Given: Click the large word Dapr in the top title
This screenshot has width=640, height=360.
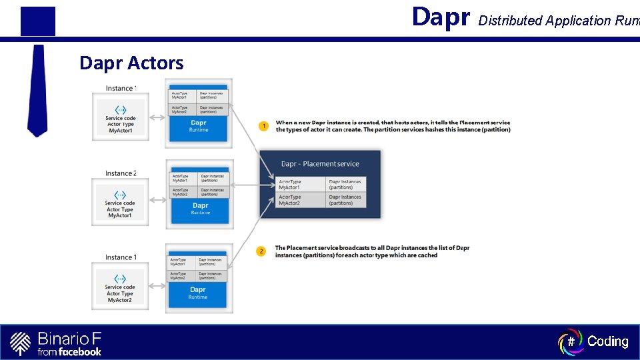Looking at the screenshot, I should pos(441,17).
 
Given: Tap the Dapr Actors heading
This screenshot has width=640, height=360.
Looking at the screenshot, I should pos(131,63).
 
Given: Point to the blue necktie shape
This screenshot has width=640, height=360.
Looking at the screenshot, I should pos(38,90).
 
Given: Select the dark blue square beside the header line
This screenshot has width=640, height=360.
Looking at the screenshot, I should pos(38,21).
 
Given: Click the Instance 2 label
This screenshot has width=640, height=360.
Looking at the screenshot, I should pos(120,173).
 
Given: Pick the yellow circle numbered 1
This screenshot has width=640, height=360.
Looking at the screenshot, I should pos(263,126).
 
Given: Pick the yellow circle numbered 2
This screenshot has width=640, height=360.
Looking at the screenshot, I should pos(261,251).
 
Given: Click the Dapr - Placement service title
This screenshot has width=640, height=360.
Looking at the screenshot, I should pos(320,164).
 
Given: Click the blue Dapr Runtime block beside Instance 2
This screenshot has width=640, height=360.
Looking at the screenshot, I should pos(200,208).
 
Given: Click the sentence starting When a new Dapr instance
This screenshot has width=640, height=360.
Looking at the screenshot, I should pos(393,126).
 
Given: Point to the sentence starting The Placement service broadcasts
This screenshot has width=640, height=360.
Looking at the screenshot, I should pos(372,251).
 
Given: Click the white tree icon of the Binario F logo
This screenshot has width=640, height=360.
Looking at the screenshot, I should pos(21,343).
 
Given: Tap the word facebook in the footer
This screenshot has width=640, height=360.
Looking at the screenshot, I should pos(79,351).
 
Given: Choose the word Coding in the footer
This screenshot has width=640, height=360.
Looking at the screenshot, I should pos(607,341).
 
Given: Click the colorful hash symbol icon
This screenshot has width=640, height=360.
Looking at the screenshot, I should pos(570,341).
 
